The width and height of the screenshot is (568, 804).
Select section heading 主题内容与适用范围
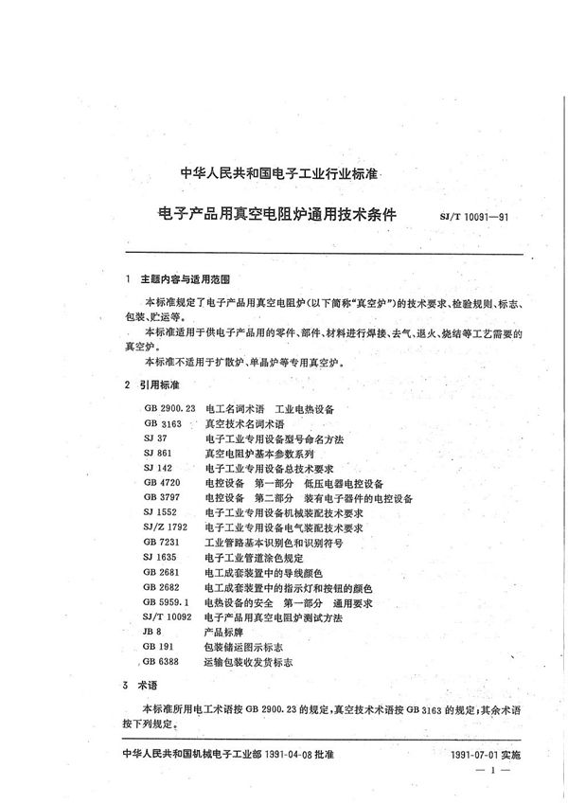(178, 280)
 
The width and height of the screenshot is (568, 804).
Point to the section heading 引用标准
(158, 385)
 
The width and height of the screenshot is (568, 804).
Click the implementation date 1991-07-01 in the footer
(487, 755)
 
